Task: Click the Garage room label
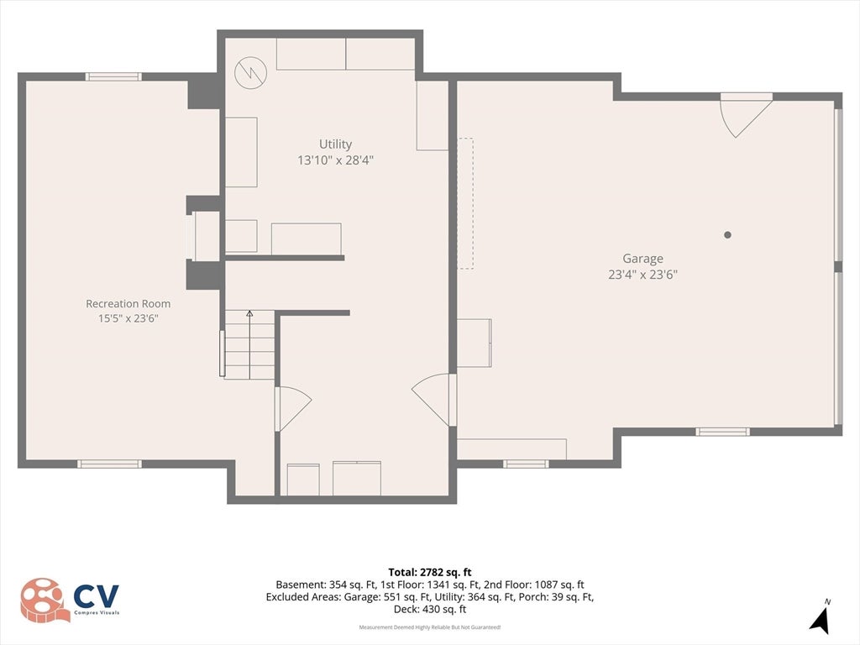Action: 642,259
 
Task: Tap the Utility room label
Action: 336,144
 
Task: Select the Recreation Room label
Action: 128,303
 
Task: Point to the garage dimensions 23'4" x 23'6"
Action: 642,275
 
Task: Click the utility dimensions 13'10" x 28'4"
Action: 336,160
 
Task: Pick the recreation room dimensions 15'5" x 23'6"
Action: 128,318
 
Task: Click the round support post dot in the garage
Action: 727,235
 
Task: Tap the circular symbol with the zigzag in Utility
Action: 250,73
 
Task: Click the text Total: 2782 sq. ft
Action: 430,573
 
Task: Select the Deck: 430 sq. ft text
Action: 430,610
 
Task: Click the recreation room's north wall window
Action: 113,76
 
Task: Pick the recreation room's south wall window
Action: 110,464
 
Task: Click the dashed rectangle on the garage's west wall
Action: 465,203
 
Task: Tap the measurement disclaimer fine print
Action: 430,627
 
